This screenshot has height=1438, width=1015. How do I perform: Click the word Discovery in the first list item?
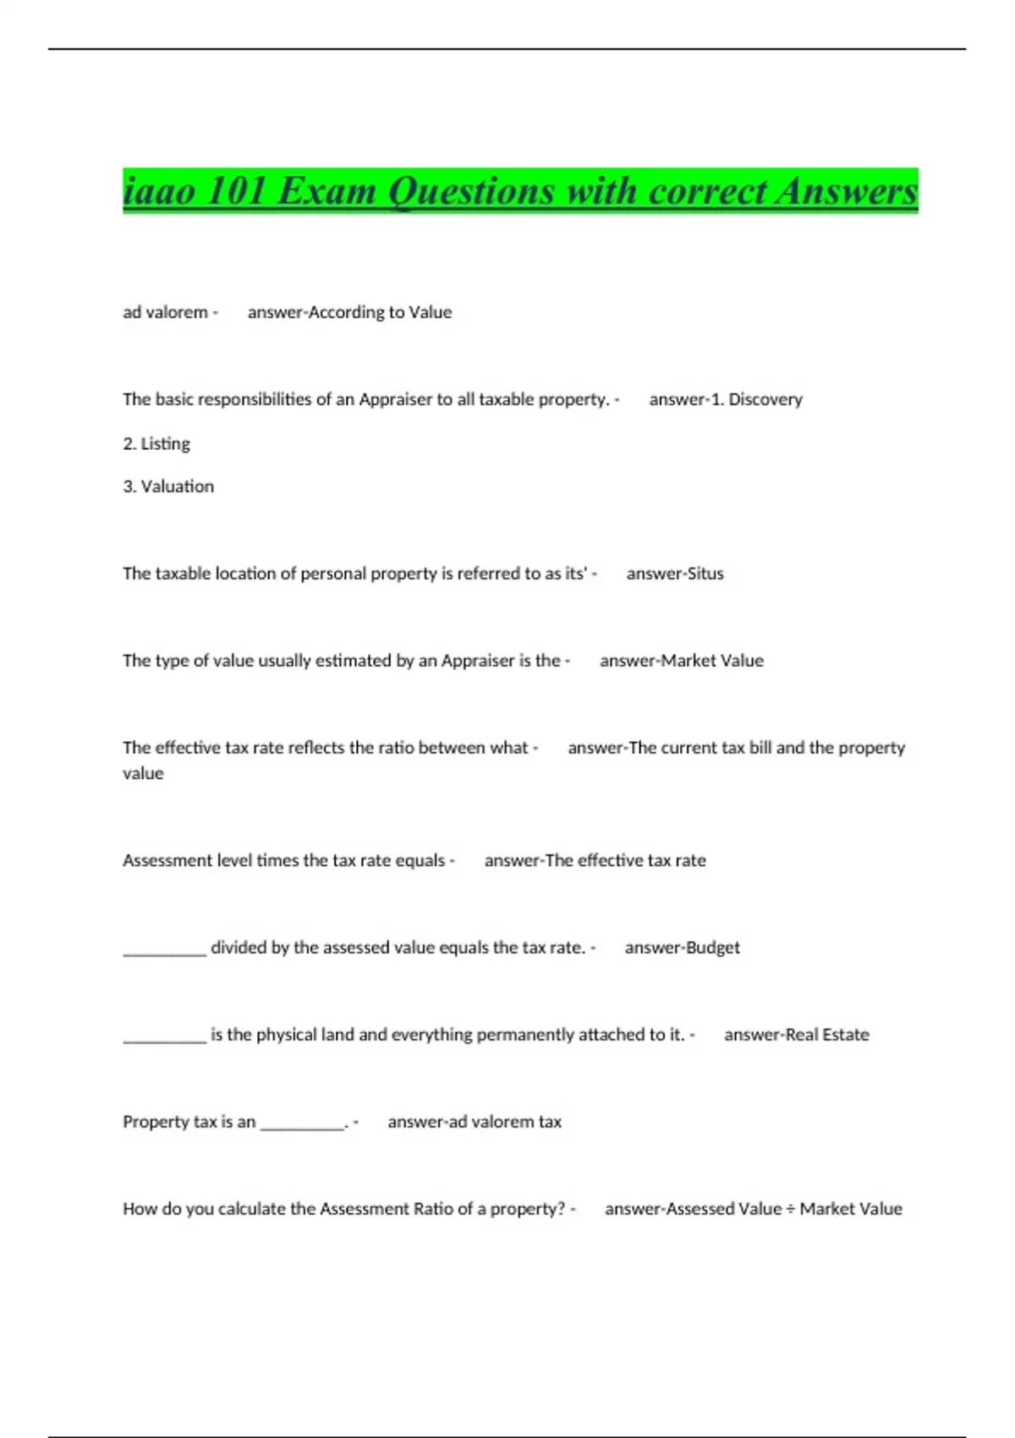(765, 399)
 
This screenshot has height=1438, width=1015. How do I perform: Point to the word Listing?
(165, 443)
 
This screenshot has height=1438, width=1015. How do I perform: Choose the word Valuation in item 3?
(177, 486)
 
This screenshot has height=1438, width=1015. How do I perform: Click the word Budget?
(712, 947)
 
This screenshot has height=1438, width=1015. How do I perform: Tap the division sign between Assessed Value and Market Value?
(791, 1209)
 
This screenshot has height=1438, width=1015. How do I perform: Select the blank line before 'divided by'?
(164, 952)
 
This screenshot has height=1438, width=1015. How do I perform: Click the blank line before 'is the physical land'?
(164, 1039)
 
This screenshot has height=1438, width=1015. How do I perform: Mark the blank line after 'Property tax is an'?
(302, 1126)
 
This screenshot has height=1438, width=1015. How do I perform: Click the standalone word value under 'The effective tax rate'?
(143, 773)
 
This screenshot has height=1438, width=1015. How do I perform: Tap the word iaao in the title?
(159, 191)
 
